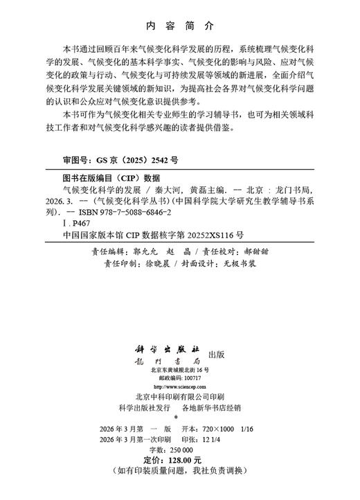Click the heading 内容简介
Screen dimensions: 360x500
(180, 26)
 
